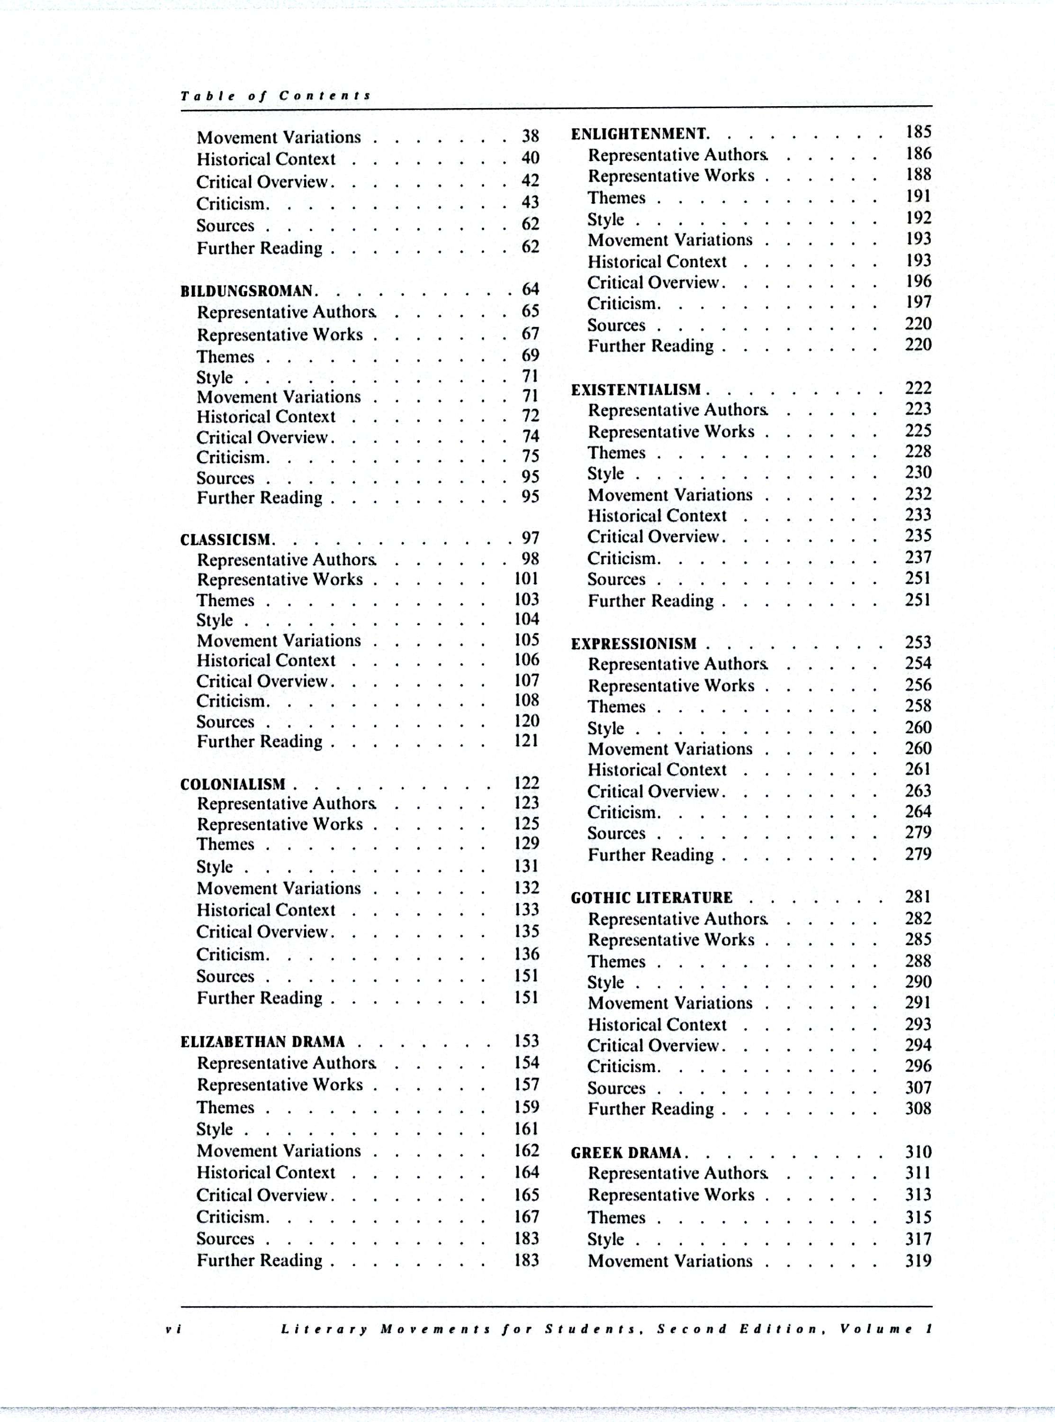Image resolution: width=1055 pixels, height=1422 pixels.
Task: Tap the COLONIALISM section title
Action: point(233,784)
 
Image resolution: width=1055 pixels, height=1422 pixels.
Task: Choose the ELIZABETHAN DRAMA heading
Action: point(262,1042)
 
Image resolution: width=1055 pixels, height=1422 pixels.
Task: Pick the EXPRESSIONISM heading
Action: point(633,644)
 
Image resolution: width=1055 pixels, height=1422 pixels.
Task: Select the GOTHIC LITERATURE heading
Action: point(651,898)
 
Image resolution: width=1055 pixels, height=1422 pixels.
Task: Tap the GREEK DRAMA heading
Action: point(626,1153)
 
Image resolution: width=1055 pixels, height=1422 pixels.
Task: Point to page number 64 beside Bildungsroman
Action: point(530,290)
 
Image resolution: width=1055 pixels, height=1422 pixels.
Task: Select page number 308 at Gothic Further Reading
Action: point(918,1108)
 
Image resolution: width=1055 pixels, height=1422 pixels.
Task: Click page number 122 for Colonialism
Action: point(527,783)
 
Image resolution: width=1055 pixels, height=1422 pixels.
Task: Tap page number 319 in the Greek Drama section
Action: point(918,1260)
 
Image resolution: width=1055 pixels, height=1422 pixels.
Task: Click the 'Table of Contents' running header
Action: point(275,96)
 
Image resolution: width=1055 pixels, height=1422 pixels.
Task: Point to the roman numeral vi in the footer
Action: point(173,1329)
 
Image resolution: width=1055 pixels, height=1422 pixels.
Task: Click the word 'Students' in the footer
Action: point(590,1329)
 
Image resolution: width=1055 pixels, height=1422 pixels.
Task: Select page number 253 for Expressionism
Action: point(918,642)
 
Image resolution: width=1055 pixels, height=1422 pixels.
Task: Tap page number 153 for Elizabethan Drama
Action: point(527,1040)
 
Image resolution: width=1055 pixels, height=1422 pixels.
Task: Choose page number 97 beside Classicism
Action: point(530,538)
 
